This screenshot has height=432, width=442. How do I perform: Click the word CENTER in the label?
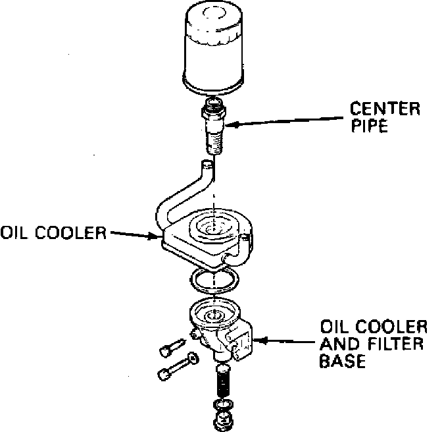tap(384, 109)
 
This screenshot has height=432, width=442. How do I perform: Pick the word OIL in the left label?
tap(16, 233)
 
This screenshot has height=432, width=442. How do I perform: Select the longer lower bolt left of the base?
tap(172, 367)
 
